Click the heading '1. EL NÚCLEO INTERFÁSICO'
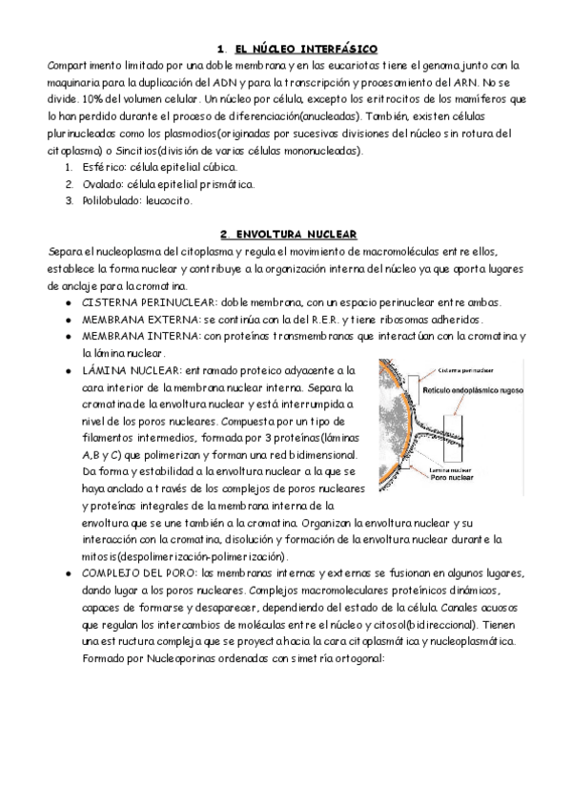coord(296,48)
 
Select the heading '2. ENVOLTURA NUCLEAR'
coord(289,234)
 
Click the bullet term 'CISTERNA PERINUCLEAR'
coord(139,302)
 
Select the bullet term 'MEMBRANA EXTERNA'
coord(132,319)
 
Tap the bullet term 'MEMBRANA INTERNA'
coord(131,336)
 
